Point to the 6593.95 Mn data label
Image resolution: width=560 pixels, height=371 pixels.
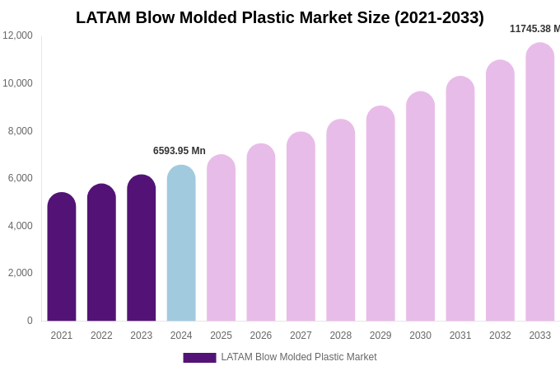tap(180, 151)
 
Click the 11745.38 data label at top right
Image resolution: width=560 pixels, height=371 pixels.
tap(534, 29)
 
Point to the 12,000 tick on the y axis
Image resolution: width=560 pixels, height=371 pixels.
tap(17, 35)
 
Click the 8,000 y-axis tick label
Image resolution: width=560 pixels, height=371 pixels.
tap(21, 130)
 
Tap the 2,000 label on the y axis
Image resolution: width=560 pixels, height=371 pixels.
tap(21, 273)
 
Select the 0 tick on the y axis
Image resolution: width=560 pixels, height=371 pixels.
tap(30, 321)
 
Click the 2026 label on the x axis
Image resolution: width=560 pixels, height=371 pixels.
tap(261, 336)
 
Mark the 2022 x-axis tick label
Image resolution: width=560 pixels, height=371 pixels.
tap(101, 336)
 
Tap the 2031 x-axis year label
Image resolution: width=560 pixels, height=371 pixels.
tap(460, 336)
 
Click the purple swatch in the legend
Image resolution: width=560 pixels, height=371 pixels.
tap(199, 358)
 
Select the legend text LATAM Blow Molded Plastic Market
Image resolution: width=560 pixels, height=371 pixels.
tap(298, 357)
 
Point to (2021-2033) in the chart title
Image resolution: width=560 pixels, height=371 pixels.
tap(439, 17)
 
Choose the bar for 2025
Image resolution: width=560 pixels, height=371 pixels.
tap(221, 238)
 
